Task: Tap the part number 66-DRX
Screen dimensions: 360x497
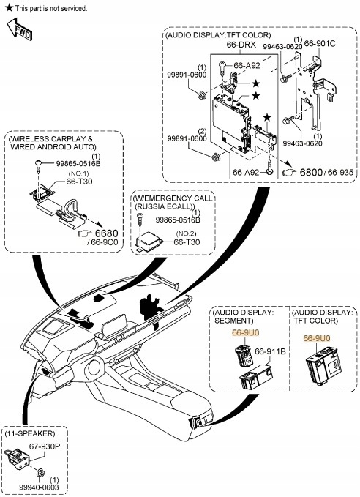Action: pos(241,45)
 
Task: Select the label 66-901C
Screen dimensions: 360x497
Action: pos(320,43)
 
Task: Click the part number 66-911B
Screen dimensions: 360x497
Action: pos(270,351)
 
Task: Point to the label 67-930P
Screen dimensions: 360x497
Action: pos(45,446)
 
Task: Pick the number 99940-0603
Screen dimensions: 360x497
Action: pos(39,487)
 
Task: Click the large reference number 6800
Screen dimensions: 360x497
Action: pos(311,173)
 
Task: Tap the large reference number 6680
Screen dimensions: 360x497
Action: pos(107,233)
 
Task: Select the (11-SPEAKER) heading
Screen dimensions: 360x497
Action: pos(30,433)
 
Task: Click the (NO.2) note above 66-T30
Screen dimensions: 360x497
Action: pos(186,233)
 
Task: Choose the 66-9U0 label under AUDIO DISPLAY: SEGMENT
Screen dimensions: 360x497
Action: pos(246,332)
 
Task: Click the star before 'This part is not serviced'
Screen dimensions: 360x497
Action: pos(10,7)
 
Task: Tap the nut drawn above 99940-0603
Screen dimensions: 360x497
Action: pos(40,473)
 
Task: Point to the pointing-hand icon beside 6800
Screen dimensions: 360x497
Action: pos(289,172)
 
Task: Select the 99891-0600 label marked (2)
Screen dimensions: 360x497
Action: pos(187,138)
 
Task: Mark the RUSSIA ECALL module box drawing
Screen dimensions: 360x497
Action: pos(149,242)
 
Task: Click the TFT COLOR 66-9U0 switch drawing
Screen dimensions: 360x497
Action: pos(323,365)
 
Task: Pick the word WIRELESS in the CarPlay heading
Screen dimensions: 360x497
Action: pos(30,139)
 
